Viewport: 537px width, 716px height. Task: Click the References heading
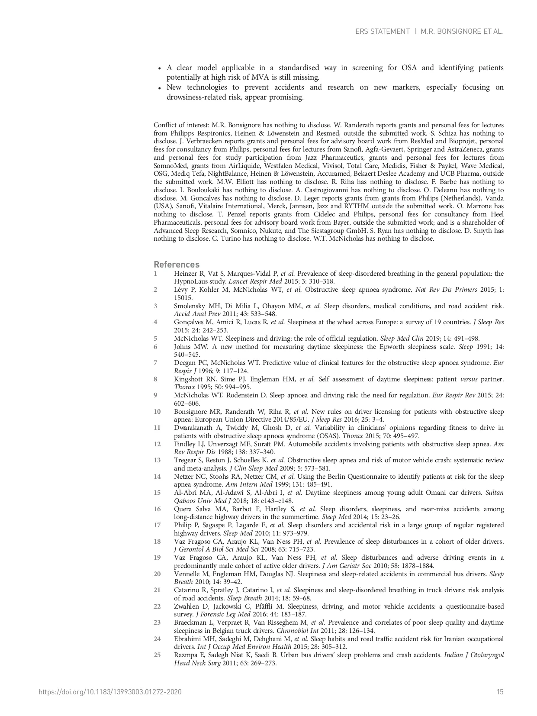177,264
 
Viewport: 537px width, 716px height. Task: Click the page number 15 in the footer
500,692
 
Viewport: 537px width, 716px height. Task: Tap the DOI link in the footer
110,692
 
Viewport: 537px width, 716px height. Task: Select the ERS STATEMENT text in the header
382,31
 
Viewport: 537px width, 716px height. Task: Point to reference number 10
157,411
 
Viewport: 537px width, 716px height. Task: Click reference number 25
157,655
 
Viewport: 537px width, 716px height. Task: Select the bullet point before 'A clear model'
160,68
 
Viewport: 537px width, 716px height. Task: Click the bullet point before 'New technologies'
160,88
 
